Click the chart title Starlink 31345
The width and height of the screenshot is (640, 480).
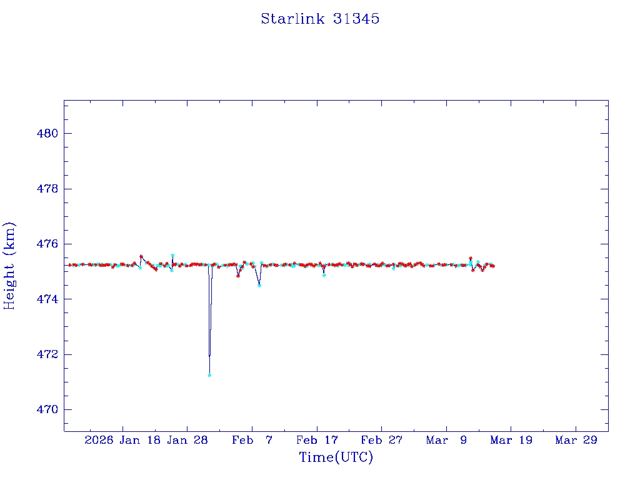pyautogui.click(x=320, y=19)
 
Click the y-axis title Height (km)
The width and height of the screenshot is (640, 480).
pyautogui.click(x=9, y=266)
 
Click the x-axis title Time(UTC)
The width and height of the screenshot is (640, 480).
pyautogui.click(x=336, y=457)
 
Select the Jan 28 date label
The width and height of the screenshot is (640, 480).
pyautogui.click(x=187, y=440)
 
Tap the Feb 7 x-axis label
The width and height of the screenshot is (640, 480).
pyautogui.click(x=252, y=440)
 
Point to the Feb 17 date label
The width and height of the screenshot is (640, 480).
pyautogui.click(x=317, y=440)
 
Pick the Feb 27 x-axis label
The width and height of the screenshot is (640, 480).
pyautogui.click(x=382, y=440)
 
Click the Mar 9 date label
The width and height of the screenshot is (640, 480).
pyautogui.click(x=446, y=440)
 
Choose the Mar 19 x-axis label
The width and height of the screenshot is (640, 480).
pyautogui.click(x=511, y=440)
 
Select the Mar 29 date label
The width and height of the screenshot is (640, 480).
pyautogui.click(x=576, y=440)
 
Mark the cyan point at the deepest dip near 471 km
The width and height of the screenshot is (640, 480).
pyautogui.click(x=209, y=375)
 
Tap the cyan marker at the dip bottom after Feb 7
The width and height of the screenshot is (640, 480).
pyautogui.click(x=259, y=285)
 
